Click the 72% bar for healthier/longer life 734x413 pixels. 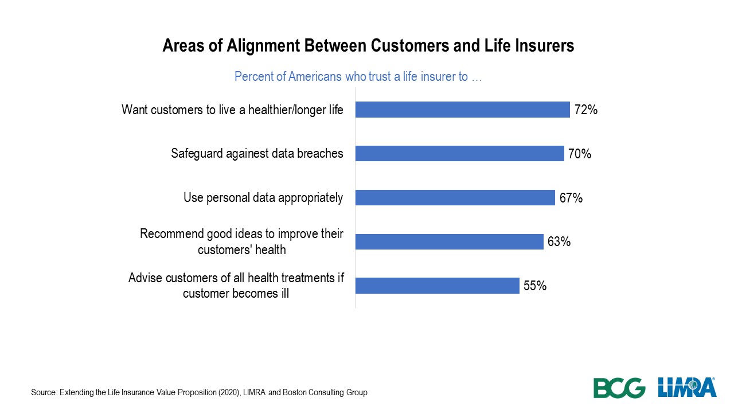coord(463,110)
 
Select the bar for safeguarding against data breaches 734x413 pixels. coord(460,153)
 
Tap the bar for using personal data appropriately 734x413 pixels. coord(455,198)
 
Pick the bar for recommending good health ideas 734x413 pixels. coord(450,241)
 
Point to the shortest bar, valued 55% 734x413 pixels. coord(438,286)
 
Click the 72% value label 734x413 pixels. coord(586,110)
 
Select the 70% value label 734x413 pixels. coord(580,154)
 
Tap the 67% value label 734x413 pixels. coord(571,198)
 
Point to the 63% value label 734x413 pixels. coord(559,241)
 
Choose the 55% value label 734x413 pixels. coord(535,286)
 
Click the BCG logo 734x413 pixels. coord(619,388)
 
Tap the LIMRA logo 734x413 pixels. coord(687,387)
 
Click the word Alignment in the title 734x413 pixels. coord(263,46)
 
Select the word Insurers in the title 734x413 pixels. coord(545,45)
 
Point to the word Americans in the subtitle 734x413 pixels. coord(315,77)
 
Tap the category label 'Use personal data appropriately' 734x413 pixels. coord(263,198)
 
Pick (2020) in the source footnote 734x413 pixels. coord(229,392)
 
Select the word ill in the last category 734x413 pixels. coord(285,293)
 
